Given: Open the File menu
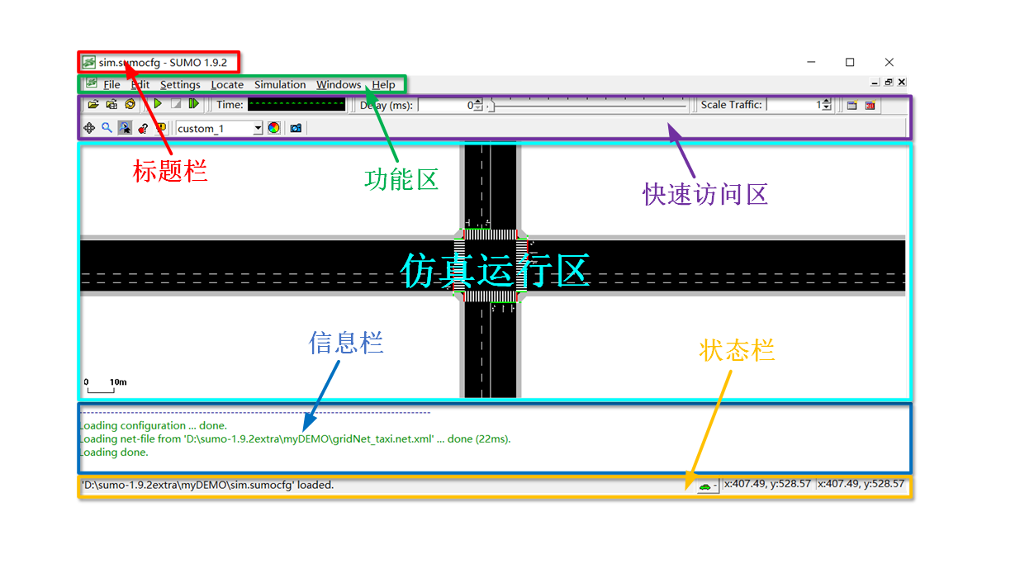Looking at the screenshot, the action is [111, 84].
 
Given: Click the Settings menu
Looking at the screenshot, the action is [180, 84].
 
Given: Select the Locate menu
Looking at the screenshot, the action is [227, 84].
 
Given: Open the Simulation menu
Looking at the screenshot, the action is [280, 84].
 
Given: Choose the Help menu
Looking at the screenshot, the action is [383, 84].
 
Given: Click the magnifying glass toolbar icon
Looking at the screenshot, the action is [107, 128].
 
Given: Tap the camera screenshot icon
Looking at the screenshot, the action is [296, 128].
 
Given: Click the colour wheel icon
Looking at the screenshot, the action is [273, 128].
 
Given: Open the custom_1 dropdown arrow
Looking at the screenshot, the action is [258, 128].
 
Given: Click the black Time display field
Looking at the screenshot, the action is [296, 105].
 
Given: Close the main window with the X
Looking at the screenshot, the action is [889, 62].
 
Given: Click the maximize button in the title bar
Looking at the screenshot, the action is [850, 62].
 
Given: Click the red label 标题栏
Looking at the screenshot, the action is [170, 171].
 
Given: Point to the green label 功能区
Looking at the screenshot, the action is [401, 178].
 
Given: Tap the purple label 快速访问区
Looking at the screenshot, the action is [705, 193].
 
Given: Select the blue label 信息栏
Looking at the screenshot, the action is [346, 343].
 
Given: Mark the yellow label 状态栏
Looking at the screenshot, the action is [737, 350].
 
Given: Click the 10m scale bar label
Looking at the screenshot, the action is [118, 382].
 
